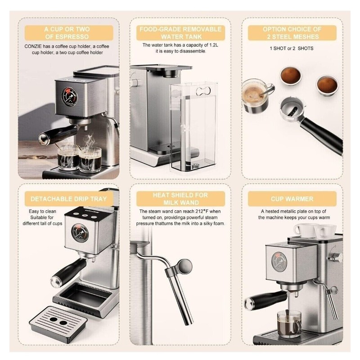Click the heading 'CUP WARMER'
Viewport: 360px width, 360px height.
[292, 199]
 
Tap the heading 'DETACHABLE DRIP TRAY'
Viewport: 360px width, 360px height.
[69, 199]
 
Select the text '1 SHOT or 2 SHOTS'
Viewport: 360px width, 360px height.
[291, 49]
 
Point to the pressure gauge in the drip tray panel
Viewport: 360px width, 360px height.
[80, 233]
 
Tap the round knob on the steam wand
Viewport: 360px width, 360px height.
[185, 266]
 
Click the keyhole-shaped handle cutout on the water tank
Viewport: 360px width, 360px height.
[203, 91]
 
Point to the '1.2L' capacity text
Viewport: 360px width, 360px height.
[213, 45]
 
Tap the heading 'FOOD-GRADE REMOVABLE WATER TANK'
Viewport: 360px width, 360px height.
[180, 33]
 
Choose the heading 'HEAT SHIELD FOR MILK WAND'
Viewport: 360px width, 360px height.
[180, 199]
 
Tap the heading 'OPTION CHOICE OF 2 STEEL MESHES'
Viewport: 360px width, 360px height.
[292, 33]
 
